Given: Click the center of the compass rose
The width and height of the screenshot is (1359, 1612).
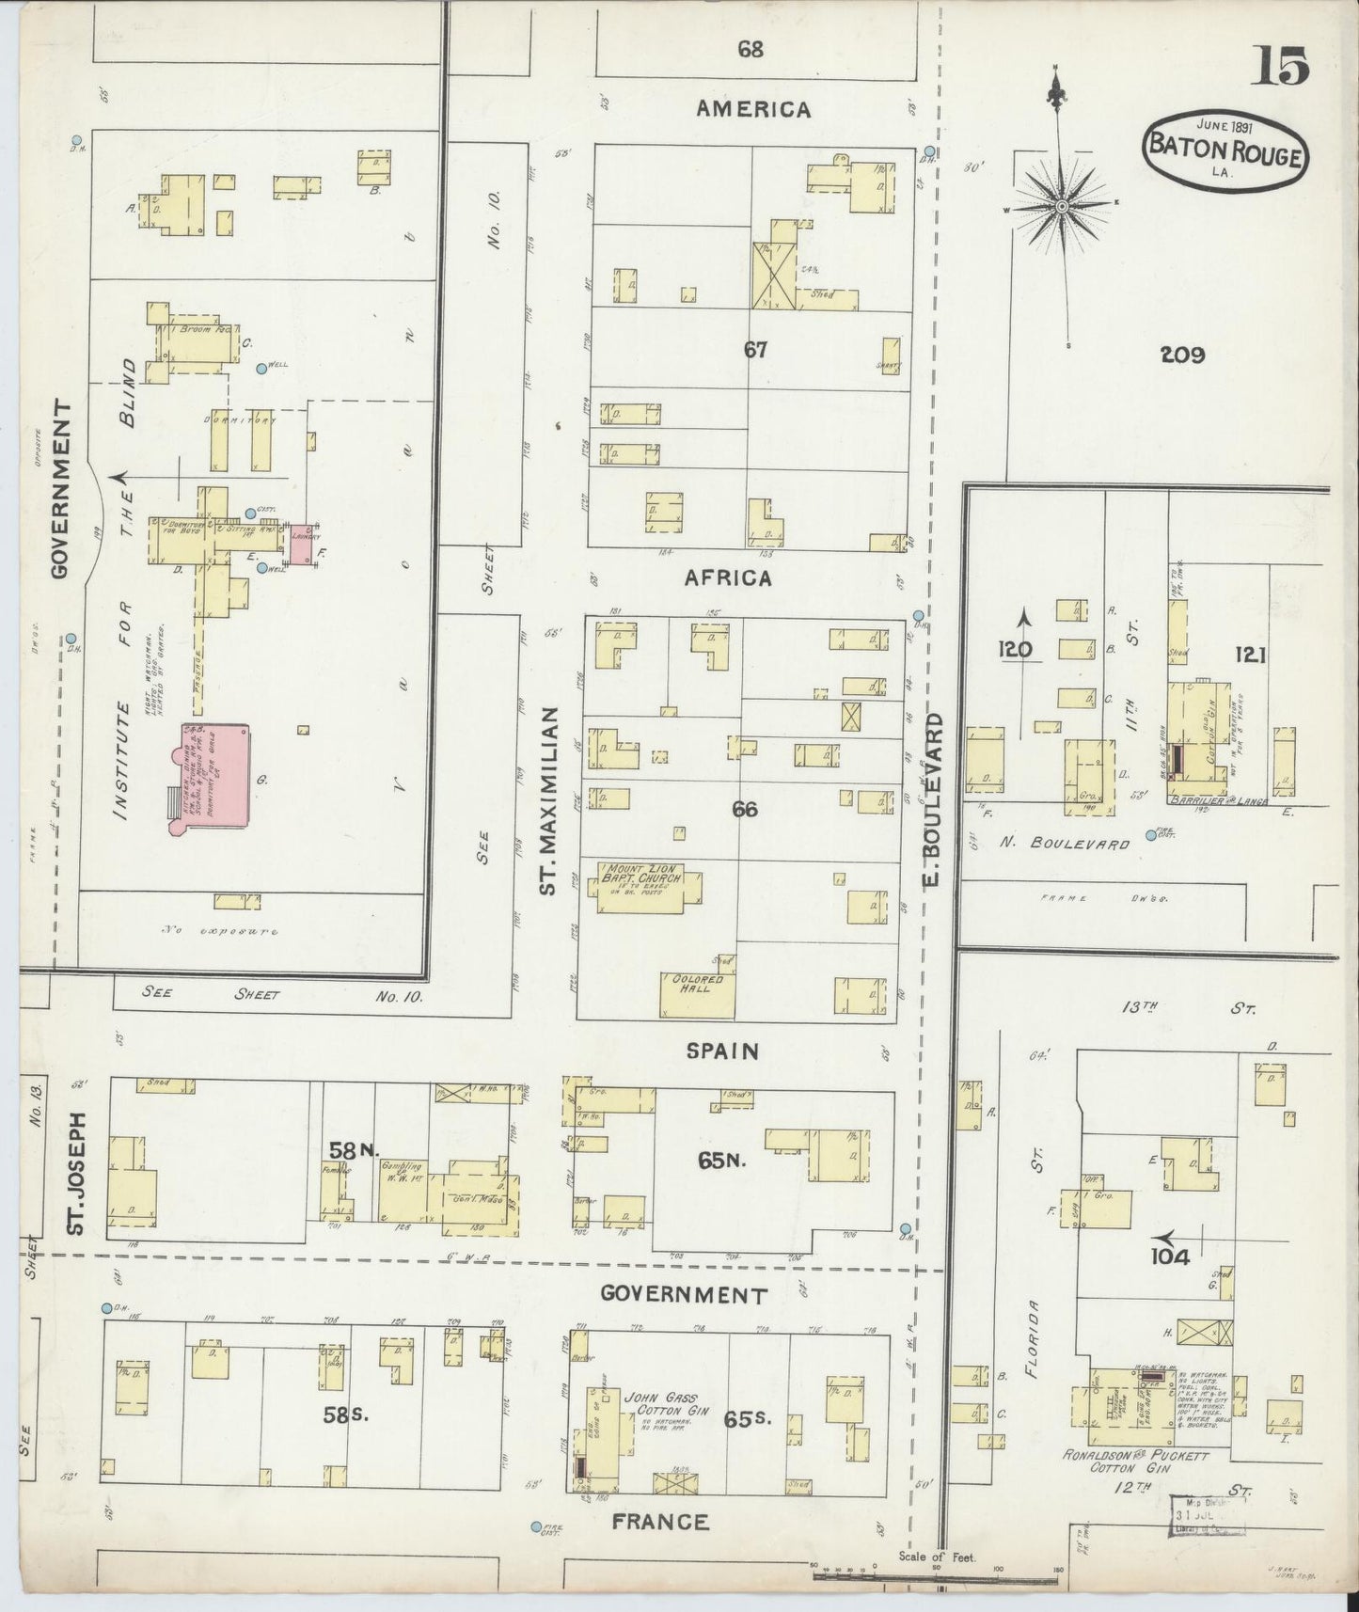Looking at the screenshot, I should click(x=1061, y=206).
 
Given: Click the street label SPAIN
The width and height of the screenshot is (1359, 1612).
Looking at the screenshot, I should click(x=722, y=1051).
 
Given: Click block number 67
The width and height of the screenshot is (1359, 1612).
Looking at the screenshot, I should click(x=755, y=350).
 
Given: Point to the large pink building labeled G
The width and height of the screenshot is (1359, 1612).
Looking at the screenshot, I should click(x=211, y=776).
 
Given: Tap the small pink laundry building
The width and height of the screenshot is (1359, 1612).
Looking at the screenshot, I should click(x=302, y=545).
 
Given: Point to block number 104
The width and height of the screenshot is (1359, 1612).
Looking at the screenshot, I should click(x=1168, y=1256).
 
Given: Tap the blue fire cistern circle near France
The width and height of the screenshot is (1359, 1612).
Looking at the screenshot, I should click(x=536, y=1526).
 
